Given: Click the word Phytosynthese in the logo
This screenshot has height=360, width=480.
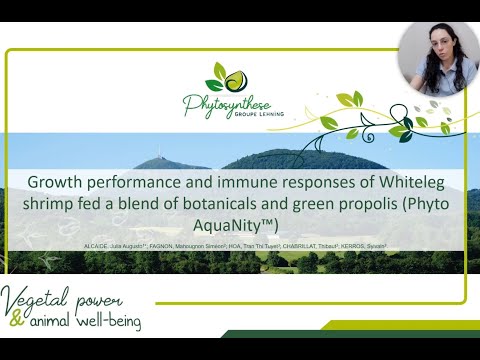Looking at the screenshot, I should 228,102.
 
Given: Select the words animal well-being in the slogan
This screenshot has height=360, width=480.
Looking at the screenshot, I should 90,322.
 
